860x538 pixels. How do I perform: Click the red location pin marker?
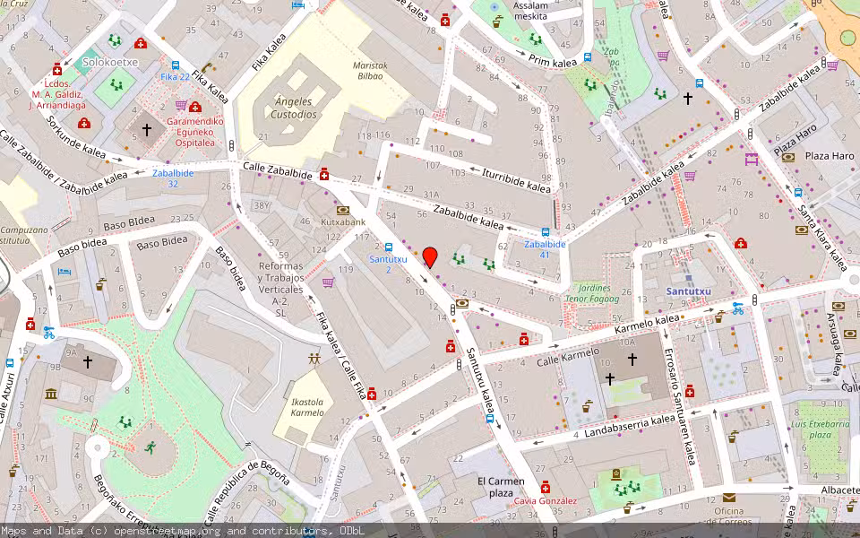point(430,257)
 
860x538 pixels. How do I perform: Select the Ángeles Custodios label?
point(296,108)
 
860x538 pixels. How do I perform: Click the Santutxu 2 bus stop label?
point(388,264)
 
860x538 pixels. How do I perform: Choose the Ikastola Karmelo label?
point(307,407)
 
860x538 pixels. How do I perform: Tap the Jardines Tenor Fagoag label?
point(594,293)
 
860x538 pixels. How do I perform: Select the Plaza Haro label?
point(829,156)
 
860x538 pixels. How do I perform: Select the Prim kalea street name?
point(553,62)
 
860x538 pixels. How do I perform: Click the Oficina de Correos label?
point(727,517)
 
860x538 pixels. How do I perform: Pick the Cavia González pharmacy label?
point(545,501)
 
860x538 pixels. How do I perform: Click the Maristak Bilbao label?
point(368,71)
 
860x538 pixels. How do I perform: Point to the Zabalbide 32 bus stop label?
point(173,178)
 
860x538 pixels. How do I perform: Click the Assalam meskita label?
point(530,11)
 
